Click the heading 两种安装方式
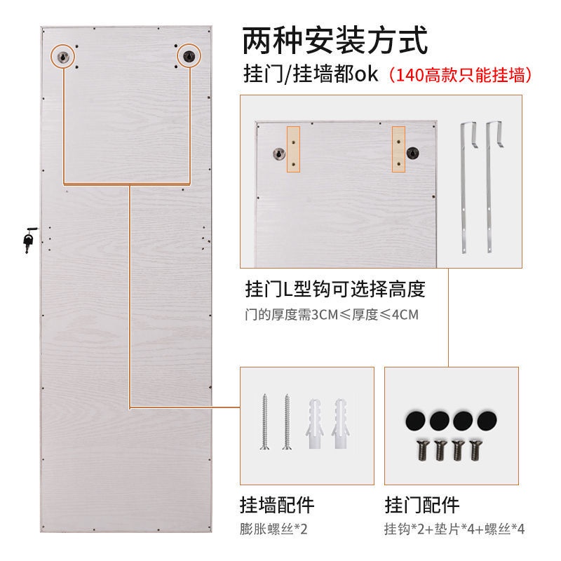pos(335,40)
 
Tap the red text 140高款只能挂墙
pos(461,75)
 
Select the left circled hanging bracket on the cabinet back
pos(63,56)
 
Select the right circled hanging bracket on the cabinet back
pos(189,56)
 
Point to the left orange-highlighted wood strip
pos(293,149)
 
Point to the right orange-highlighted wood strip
pos(398,149)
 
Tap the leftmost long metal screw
pos(265,421)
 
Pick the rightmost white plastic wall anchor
pos(340,424)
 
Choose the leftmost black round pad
pos(415,420)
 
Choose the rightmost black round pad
pos(487,420)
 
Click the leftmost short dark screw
pos(422,451)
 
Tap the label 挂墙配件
pos(277,505)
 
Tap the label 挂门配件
pos(422,505)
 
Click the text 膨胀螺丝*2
pos(273,529)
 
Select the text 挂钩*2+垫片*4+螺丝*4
pos(454,529)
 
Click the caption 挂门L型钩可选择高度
pos(335,289)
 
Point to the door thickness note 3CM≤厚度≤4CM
pos(365,314)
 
